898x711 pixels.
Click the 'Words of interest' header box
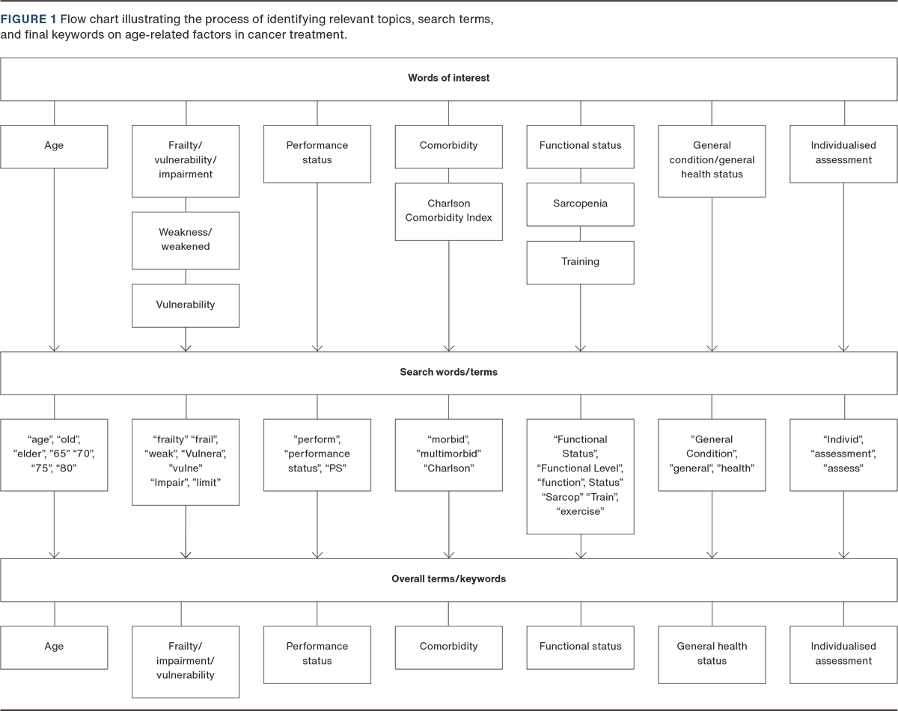(449, 78)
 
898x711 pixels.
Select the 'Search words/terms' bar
(449, 372)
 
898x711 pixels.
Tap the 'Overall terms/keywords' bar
(449, 579)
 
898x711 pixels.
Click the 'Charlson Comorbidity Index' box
(449, 210)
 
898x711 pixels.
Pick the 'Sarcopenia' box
(580, 204)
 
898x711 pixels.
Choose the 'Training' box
(580, 262)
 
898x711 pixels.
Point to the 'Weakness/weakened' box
(186, 239)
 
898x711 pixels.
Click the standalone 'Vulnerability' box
(186, 305)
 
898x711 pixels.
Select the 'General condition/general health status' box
(712, 160)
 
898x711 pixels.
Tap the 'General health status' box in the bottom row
(712, 653)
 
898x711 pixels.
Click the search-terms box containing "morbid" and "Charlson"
(449, 454)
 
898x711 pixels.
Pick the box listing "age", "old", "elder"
(54, 454)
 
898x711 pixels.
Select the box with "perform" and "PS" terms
(317, 454)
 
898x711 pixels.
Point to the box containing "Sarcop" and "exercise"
(580, 476)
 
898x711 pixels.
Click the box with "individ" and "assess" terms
(843, 454)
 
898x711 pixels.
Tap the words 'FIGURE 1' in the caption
(28, 19)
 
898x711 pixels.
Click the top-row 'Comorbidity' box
(449, 146)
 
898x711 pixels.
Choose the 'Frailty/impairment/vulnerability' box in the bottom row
(186, 661)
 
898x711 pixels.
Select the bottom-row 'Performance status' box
(317, 653)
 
